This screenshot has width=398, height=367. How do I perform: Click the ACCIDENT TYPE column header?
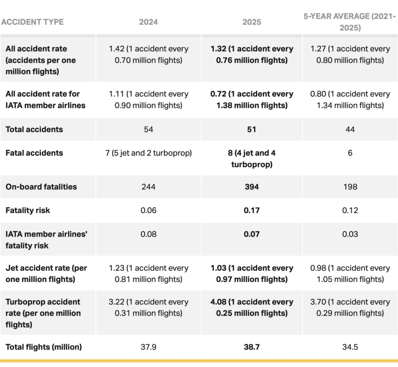tap(32, 22)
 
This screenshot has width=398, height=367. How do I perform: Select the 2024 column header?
tap(148, 22)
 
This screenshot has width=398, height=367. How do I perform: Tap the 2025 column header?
tap(251, 22)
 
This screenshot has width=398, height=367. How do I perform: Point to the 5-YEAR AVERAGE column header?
tap(350, 22)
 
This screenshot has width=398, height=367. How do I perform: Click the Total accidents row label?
tap(34, 129)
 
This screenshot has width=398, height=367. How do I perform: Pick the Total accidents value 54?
tap(148, 129)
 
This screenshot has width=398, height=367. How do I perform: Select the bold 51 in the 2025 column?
tap(251, 129)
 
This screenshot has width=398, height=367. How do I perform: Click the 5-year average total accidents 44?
tap(350, 129)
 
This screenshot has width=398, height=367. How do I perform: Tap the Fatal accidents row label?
tap(34, 153)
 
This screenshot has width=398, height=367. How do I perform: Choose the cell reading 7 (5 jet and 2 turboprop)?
tap(148, 153)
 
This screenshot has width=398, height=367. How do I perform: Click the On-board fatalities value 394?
tap(251, 187)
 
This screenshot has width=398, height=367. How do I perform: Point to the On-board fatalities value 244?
tap(148, 187)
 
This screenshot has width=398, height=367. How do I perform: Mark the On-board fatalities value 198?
tap(350, 187)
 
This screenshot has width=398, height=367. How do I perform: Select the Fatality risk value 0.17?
tap(251, 210)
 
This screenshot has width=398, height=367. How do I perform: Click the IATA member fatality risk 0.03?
tap(350, 234)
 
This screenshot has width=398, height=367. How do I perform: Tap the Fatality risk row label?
tap(28, 210)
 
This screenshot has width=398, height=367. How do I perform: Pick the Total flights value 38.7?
tap(251, 347)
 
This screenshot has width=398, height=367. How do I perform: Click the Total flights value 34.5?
tap(350, 347)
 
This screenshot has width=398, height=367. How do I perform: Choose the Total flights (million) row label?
tap(44, 347)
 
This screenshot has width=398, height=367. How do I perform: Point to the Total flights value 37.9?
tap(148, 347)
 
